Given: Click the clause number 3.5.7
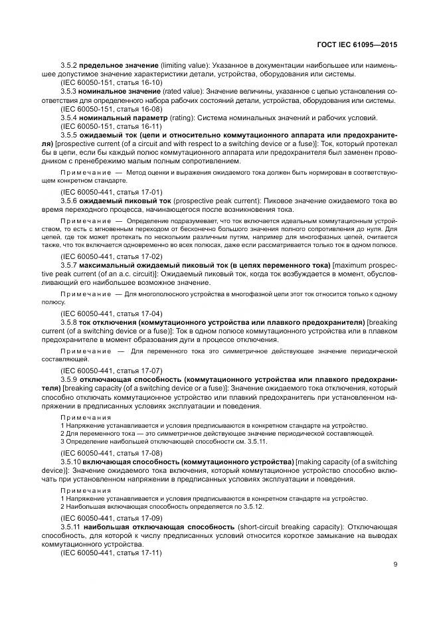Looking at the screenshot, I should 69,264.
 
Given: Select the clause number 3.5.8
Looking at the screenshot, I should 69,321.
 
